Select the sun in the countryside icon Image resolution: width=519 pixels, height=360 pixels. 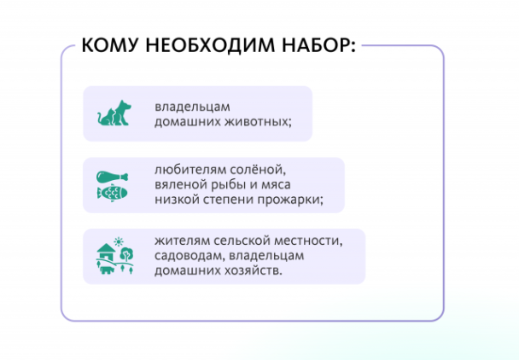(x=119, y=241)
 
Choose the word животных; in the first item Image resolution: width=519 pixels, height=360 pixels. (x=259, y=122)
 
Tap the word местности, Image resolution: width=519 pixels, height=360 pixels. (x=309, y=241)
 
